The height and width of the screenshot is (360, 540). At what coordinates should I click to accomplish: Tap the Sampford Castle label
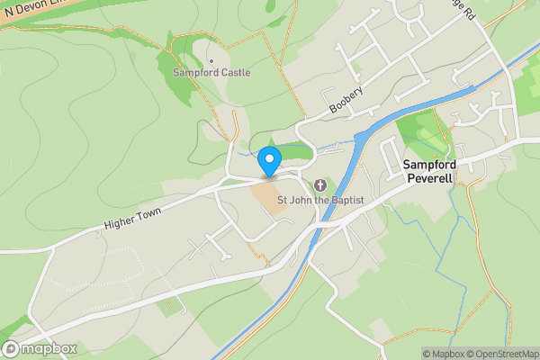point(211,72)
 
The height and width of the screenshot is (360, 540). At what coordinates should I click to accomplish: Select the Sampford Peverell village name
point(430,171)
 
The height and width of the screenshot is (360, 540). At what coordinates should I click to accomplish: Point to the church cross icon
point(320,184)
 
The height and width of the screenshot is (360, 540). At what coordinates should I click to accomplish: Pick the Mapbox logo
point(40,349)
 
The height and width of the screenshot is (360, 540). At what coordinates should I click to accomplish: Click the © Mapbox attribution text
point(443,354)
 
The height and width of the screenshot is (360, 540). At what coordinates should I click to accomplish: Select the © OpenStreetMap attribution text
point(499,354)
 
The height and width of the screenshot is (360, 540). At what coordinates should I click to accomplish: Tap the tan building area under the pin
point(269,196)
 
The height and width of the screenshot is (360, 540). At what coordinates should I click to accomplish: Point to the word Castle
point(234,72)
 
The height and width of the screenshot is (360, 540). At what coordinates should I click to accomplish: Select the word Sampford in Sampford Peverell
point(430,164)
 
